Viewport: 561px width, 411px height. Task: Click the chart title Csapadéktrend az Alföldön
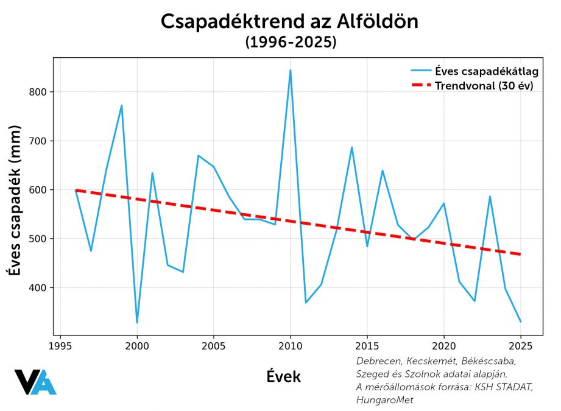click(290, 22)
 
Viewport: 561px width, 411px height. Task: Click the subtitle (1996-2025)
click(291, 43)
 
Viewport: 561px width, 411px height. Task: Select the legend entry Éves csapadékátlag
click(487, 71)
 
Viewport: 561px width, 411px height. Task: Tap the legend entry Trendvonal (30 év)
click(484, 86)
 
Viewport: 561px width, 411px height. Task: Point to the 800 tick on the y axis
click(38, 92)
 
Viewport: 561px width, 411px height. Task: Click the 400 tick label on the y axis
click(38, 287)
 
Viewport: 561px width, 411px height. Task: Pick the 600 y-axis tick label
click(38, 190)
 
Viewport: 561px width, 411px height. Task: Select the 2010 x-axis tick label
click(290, 346)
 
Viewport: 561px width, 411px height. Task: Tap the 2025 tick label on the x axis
click(520, 346)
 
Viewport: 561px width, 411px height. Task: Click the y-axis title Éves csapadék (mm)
click(15, 201)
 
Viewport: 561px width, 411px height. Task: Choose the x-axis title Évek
click(283, 377)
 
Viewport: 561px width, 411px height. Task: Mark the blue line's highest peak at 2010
click(290, 70)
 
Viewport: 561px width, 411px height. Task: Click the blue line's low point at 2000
click(137, 323)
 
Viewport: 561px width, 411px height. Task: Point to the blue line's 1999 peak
click(122, 105)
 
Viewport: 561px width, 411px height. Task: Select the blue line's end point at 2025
click(520, 321)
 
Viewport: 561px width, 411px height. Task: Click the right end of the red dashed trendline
click(520, 255)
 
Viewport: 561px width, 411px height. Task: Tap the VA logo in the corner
click(35, 382)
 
